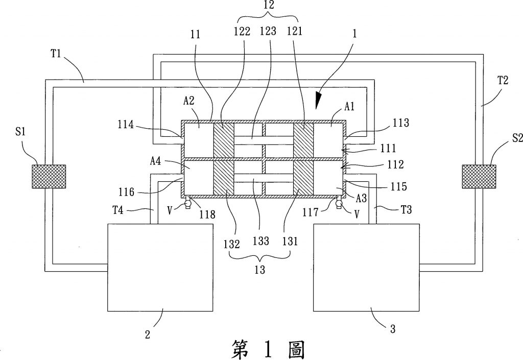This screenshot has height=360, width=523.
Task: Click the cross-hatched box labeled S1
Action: [49, 176]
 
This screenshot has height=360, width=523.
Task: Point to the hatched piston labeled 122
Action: [223, 139]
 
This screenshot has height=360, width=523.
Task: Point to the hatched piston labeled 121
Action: [303, 139]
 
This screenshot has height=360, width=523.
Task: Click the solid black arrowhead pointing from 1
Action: [318, 99]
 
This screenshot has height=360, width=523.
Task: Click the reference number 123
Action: [270, 31]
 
